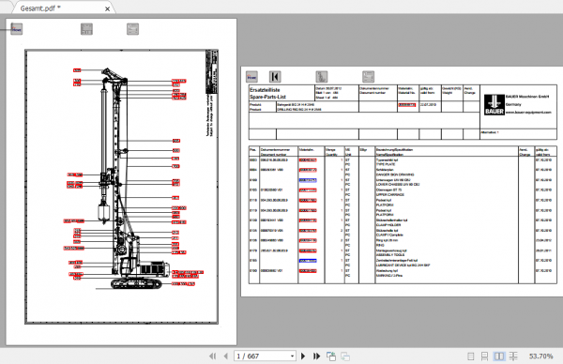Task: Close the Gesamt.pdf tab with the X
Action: point(78,8)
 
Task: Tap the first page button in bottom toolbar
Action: point(217,356)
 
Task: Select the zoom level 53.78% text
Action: point(539,356)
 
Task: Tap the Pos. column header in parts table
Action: point(252,149)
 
